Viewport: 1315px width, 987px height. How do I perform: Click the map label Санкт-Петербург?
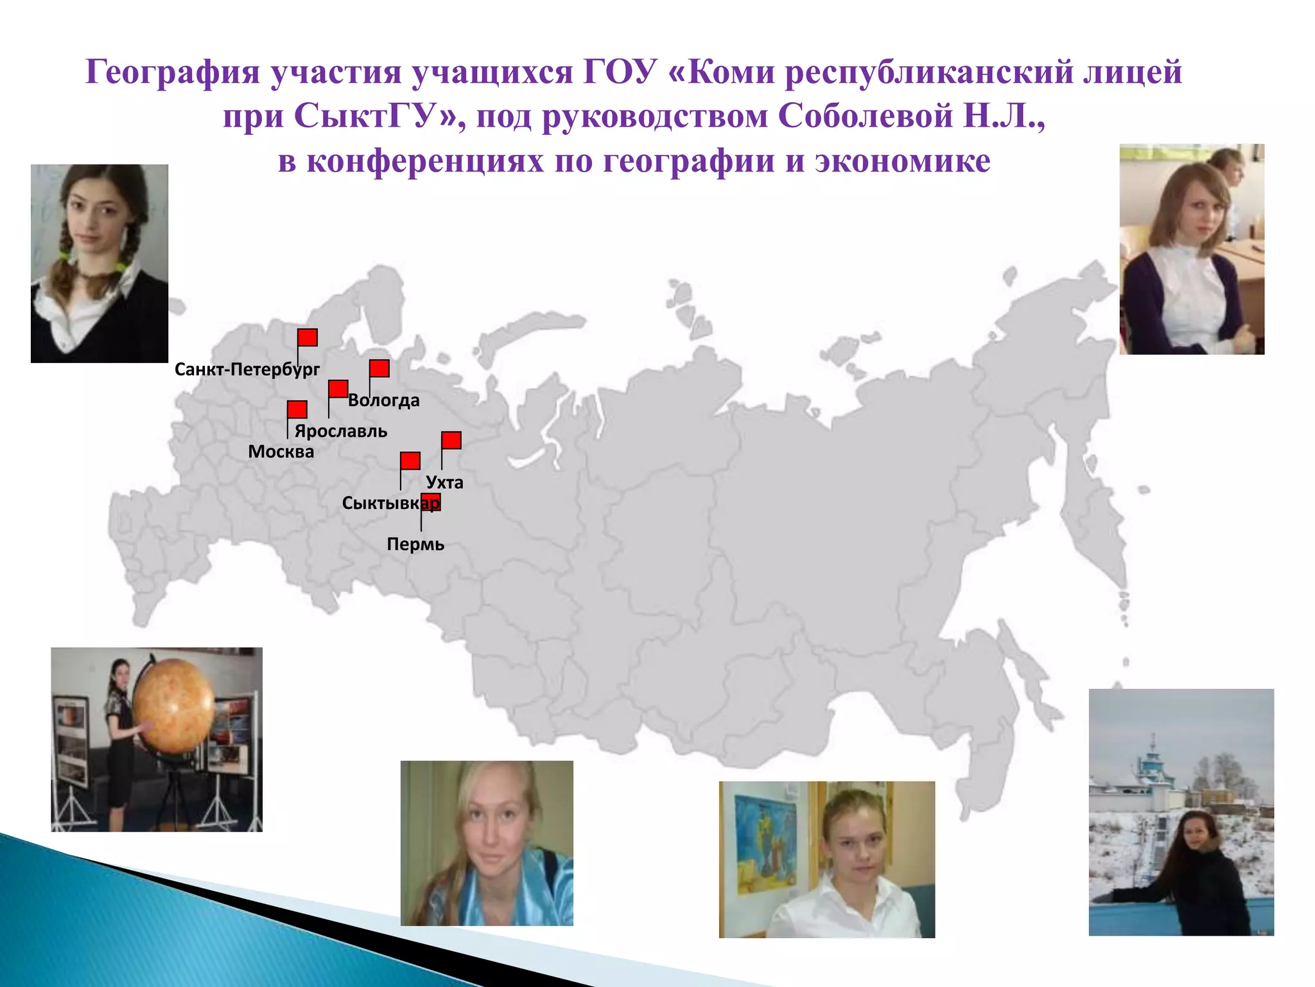coord(247,369)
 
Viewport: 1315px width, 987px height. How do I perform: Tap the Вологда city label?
coord(384,400)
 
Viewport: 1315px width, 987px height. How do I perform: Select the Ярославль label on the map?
coord(341,431)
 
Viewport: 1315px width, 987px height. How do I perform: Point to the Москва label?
coord(281,452)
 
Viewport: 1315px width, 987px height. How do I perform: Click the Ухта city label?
coord(444,483)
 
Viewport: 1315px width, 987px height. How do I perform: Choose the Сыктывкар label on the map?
coord(390,503)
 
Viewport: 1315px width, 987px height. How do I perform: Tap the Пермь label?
coord(415,544)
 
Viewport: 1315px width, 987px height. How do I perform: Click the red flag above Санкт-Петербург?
coord(308,337)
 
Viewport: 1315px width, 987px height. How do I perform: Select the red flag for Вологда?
coord(379,368)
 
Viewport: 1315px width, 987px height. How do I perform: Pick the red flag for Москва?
coord(297,409)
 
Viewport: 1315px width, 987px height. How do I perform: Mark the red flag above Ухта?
coord(451,440)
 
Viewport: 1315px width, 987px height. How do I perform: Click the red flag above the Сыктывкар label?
coord(410,461)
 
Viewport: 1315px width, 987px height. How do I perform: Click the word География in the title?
coord(173,72)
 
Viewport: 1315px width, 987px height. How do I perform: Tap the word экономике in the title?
coord(903,161)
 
